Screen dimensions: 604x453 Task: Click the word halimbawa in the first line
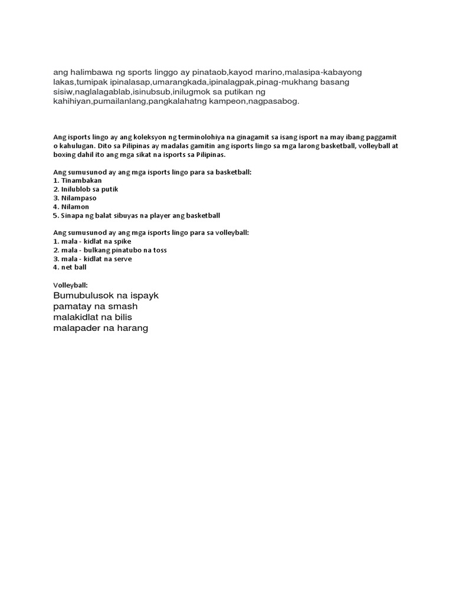pyautogui.click(x=90, y=71)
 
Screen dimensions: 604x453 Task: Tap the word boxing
pyautogui.click(x=65, y=155)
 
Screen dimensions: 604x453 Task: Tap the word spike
pyautogui.click(x=123, y=241)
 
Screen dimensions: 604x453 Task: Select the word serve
pyautogui.click(x=123, y=259)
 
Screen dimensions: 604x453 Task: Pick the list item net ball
pyautogui.click(x=74, y=267)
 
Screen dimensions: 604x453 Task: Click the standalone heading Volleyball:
pyautogui.click(x=70, y=285)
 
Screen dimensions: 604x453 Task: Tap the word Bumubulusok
pyautogui.click(x=83, y=295)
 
